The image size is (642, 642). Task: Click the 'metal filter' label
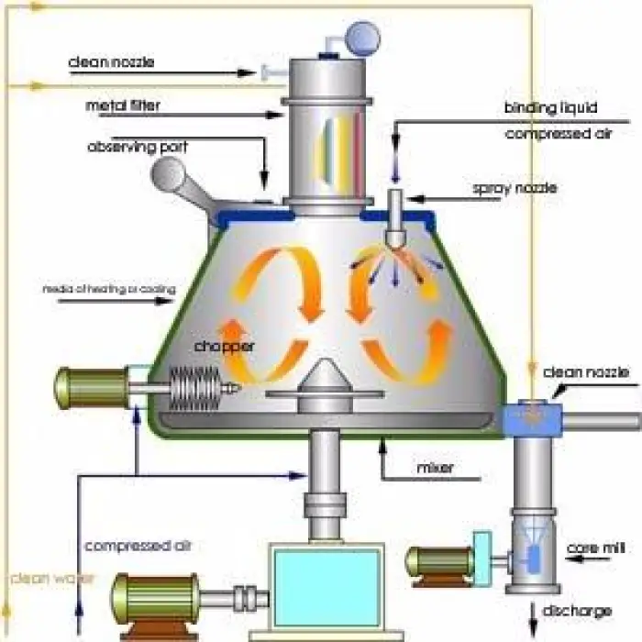123,105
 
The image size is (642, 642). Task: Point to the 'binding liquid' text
542,107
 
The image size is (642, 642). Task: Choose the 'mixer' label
435,469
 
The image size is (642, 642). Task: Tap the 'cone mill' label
595,548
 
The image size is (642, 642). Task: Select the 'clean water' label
41,578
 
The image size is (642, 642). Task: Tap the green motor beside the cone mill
439,562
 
